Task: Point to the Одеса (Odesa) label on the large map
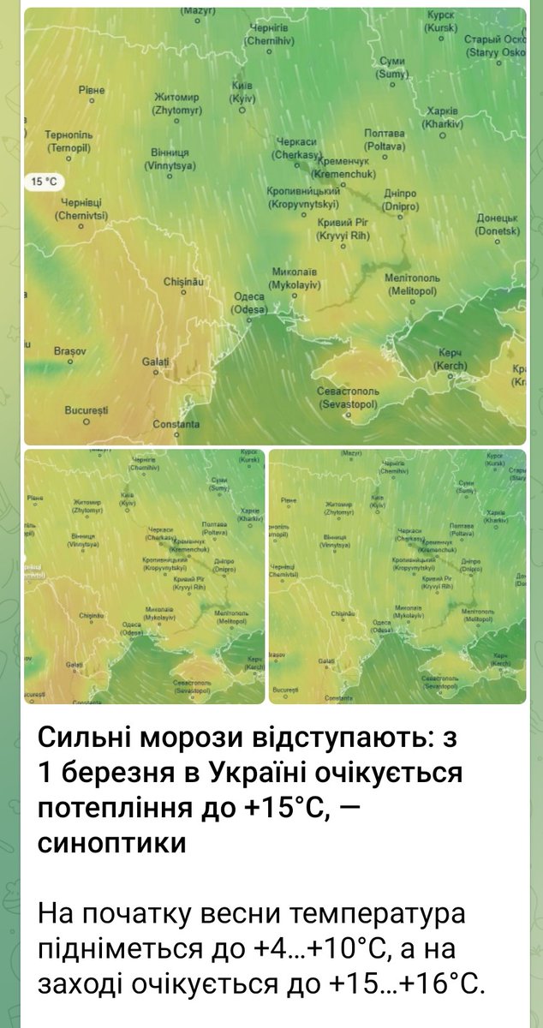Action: point(249,302)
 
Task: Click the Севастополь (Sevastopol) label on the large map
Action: point(348,396)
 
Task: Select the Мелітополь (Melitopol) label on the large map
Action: point(413,284)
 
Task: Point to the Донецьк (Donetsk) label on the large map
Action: point(498,224)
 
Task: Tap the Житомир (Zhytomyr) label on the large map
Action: point(176,104)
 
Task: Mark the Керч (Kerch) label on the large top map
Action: point(451,359)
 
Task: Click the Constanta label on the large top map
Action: point(176,424)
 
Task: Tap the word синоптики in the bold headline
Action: point(111,843)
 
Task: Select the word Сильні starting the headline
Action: point(90,738)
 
